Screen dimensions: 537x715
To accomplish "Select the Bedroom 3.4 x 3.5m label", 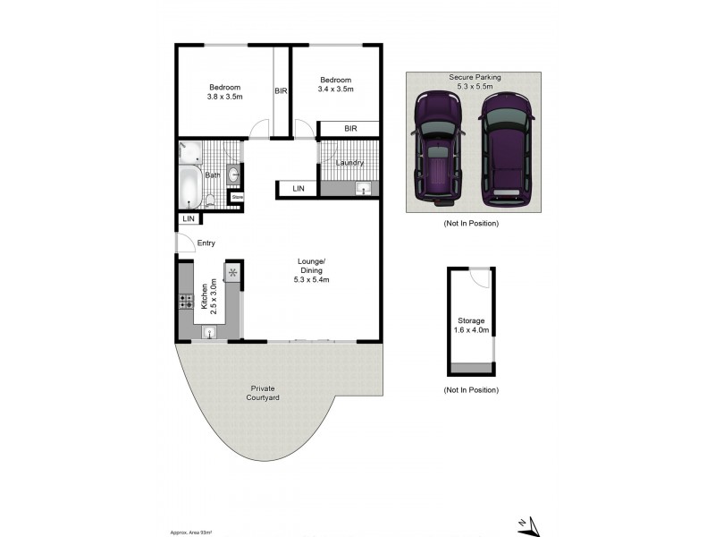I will (337, 84).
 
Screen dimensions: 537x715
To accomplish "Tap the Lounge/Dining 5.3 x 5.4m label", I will (310, 270).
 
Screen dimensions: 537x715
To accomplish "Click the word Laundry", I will (349, 162).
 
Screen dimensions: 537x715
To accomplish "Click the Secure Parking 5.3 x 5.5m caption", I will (475, 82).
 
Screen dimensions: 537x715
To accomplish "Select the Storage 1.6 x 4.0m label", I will (471, 325).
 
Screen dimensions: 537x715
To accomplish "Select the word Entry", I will (206, 243).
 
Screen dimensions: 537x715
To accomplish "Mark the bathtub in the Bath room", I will (189, 187).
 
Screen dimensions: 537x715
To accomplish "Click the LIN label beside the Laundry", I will (298, 188).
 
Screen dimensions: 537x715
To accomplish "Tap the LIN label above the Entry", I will (189, 218).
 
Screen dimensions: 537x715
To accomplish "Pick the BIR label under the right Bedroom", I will (350, 129).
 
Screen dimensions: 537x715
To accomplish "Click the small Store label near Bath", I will (238, 196).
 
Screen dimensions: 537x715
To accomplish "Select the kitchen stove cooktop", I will (186, 302).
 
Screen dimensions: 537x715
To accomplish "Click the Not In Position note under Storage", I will (471, 390).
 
